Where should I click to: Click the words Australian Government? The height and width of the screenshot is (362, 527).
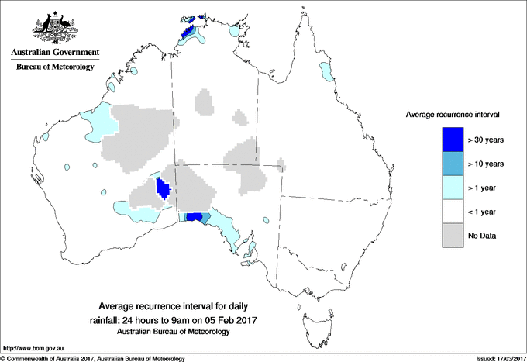click(x=54, y=53)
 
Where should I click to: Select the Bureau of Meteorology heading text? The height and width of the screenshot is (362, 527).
click(x=54, y=67)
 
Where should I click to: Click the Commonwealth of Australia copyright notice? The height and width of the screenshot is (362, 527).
click(x=93, y=358)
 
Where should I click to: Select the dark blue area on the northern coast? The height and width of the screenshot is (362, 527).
click(x=186, y=31)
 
